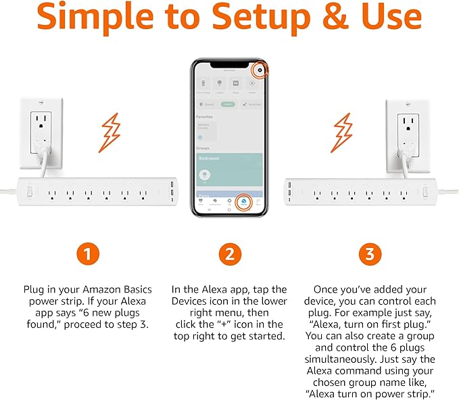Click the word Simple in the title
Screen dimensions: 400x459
(x=99, y=18)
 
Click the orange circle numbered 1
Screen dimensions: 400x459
(x=88, y=254)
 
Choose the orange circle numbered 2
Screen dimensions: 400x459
(x=229, y=254)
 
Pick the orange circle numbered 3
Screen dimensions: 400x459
(x=369, y=254)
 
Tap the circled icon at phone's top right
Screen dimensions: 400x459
(x=260, y=70)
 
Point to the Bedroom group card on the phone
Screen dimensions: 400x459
(x=229, y=170)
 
